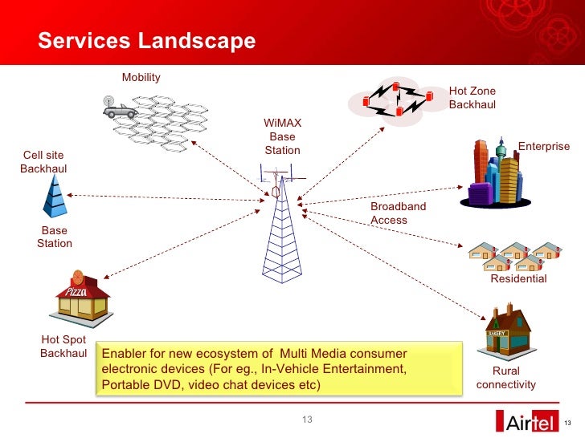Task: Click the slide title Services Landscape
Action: tap(147, 41)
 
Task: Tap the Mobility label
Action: tap(141, 78)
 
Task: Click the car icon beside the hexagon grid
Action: tap(120, 108)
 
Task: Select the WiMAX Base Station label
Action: tap(282, 137)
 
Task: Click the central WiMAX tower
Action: tap(278, 225)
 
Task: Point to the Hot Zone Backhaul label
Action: tap(472, 98)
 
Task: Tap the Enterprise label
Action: tap(543, 147)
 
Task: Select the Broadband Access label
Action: tap(398, 213)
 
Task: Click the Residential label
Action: tap(518, 279)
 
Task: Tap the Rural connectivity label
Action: tap(506, 378)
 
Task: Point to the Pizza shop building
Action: tap(82, 298)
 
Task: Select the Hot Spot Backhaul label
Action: tap(63, 347)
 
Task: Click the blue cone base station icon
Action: tap(55, 197)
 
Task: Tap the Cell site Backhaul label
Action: tap(43, 162)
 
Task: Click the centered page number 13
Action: tap(306, 421)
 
